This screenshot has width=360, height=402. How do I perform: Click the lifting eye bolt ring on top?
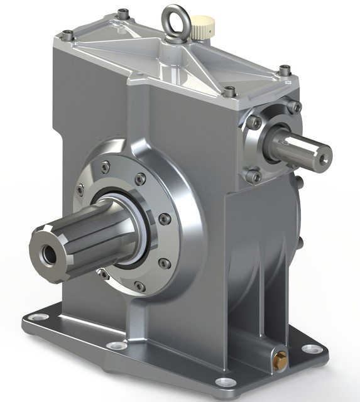tap(177, 19)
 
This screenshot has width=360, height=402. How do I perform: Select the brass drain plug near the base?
tap(281, 360)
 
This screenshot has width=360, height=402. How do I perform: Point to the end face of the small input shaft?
tap(322, 156)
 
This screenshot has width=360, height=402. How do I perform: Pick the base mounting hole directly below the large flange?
tap(116, 345)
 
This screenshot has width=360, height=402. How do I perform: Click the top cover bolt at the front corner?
tap(230, 91)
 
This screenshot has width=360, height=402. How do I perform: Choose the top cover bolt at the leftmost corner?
tap(67, 35)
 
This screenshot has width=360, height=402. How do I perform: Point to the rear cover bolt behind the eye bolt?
tap(123, 13)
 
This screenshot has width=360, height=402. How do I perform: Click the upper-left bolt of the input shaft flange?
tap(254, 122)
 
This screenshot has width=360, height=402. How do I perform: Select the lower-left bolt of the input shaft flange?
tap(254, 177)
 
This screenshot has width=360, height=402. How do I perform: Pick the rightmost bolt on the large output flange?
tap(165, 219)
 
